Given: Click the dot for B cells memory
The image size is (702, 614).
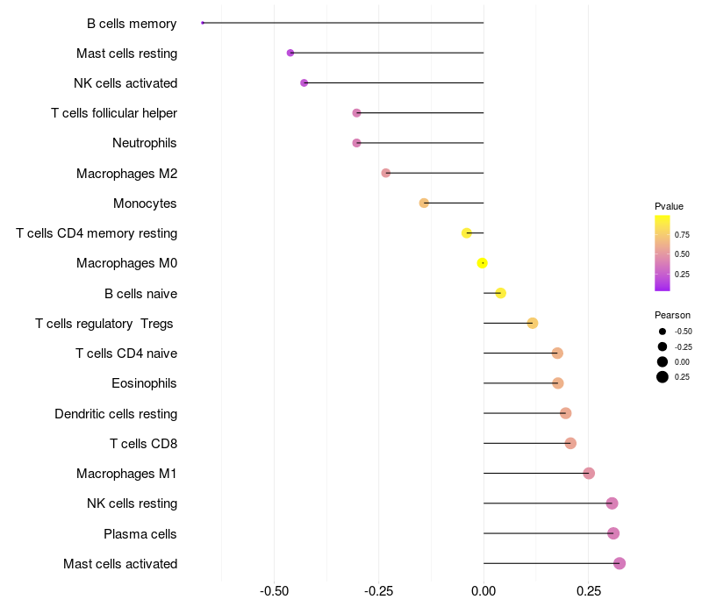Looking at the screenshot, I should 203,23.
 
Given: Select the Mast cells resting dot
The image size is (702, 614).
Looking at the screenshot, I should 290,53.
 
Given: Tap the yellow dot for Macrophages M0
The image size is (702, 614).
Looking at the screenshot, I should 482,263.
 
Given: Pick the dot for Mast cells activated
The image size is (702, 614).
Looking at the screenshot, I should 620,563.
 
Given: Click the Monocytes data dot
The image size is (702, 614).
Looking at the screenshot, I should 424,203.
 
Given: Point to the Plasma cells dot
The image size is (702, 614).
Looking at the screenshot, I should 613,533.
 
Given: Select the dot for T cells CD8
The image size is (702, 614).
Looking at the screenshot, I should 570,443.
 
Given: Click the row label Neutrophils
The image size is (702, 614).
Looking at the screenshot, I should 145,143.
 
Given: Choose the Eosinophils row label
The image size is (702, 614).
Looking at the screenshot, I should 144,383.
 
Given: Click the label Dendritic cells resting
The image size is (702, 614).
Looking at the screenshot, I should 116,413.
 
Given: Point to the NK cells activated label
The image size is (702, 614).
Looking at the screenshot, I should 125,83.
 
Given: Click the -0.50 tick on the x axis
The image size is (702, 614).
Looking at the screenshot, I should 275,590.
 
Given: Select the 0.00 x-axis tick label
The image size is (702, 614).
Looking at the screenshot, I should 484,590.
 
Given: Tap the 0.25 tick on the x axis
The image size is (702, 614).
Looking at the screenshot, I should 589,590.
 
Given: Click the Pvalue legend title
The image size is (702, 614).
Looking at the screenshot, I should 669,206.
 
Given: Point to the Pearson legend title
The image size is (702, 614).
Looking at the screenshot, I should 672,315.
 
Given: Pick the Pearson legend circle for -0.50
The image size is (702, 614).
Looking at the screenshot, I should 662,332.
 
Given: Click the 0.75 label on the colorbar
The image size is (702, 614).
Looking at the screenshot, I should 682,234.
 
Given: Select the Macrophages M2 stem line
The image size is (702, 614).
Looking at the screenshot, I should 434,173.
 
